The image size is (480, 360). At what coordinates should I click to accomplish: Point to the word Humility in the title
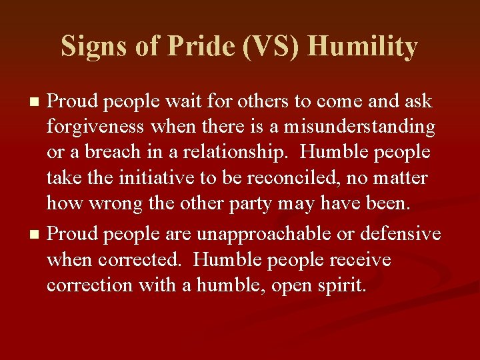[363, 47]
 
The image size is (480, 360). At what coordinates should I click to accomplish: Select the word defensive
[401, 235]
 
